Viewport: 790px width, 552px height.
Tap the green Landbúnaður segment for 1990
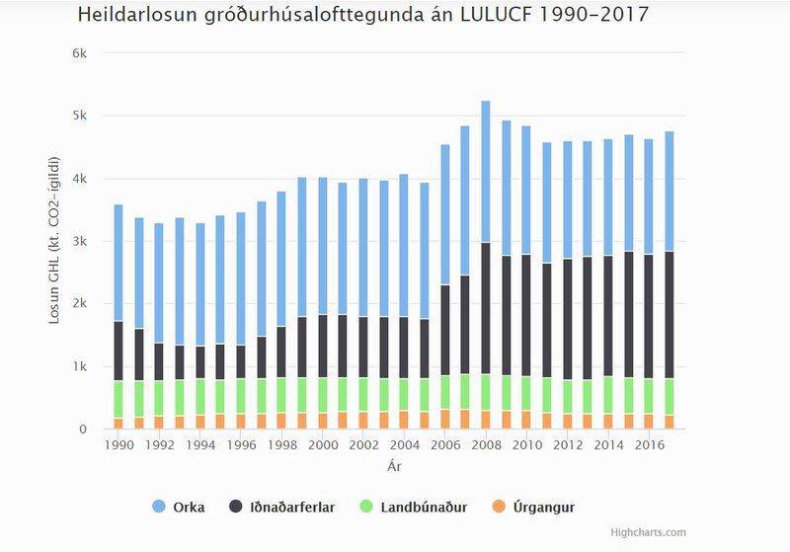(x=118, y=399)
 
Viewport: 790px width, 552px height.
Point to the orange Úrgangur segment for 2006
(x=445, y=419)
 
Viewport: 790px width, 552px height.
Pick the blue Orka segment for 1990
(x=118, y=263)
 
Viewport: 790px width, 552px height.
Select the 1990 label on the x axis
(x=118, y=445)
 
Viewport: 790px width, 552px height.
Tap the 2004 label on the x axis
(x=404, y=445)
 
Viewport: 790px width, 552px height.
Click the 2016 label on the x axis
(x=649, y=445)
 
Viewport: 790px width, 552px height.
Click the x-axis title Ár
(x=393, y=465)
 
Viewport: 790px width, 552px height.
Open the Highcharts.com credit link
(x=648, y=533)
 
